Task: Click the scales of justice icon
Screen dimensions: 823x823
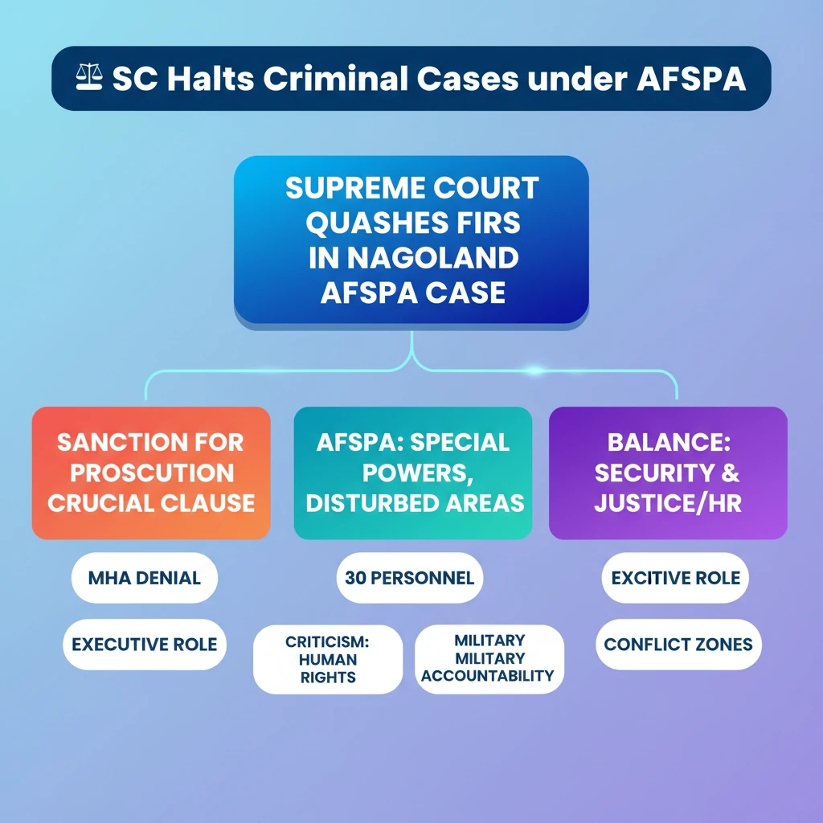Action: (88, 77)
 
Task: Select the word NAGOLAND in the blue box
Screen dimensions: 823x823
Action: (432, 258)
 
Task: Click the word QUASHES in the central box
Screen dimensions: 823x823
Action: (375, 223)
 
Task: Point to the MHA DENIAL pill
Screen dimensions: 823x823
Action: (145, 577)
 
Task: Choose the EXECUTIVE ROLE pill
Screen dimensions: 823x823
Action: (145, 644)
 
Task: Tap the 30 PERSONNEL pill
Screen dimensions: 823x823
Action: (409, 577)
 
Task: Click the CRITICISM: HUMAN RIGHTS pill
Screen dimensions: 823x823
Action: (328, 659)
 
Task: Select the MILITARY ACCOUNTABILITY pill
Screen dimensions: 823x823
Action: (489, 659)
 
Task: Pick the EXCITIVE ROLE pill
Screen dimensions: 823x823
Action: (675, 577)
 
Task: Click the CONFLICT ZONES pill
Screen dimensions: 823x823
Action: (678, 644)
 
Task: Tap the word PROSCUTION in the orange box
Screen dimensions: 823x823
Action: (152, 473)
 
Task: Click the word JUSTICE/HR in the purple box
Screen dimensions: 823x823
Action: (668, 503)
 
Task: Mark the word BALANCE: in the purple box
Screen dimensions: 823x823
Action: (669, 443)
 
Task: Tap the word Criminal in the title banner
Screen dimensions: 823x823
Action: (335, 79)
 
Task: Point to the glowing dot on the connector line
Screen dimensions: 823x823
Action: (534, 371)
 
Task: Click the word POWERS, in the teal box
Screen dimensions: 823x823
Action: (418, 473)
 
